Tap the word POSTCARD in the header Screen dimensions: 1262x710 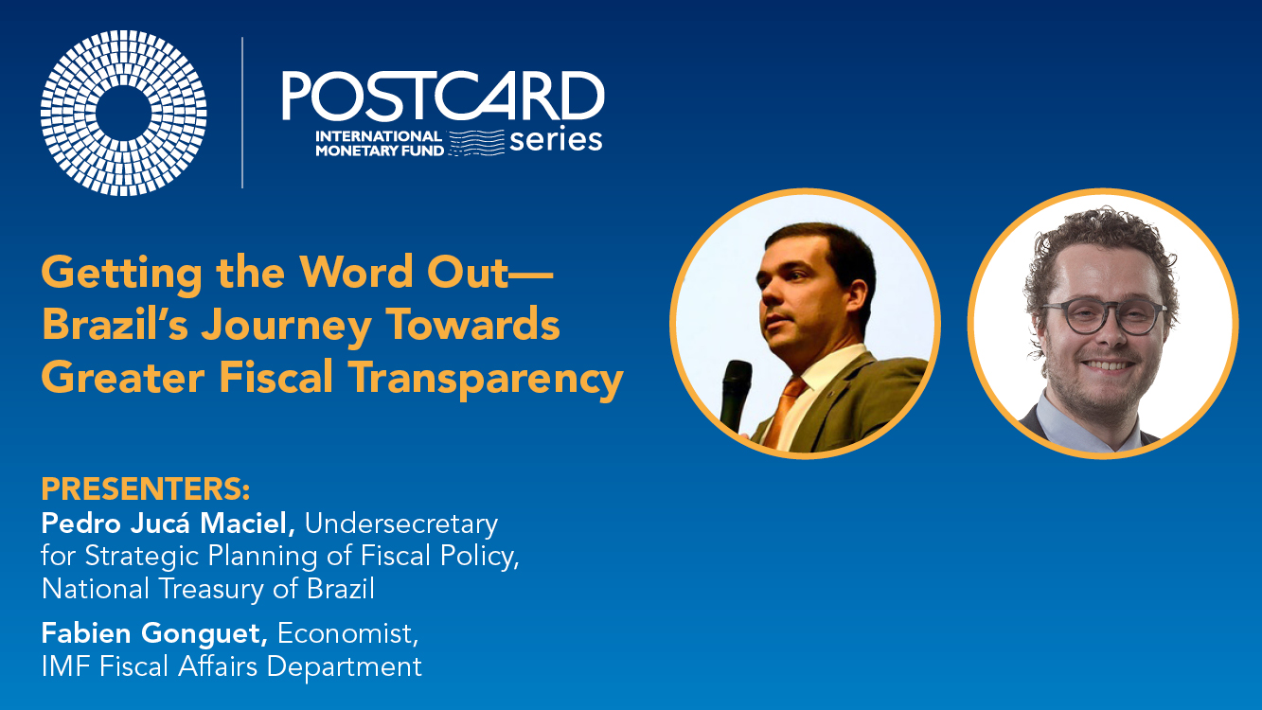pyautogui.click(x=443, y=96)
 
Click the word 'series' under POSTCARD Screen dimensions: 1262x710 pyautogui.click(x=556, y=140)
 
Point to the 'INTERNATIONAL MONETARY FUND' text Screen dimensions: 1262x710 pyautogui.click(x=380, y=143)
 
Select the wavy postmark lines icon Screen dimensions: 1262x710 pyautogui.click(x=476, y=142)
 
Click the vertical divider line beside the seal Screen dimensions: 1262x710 pyautogui.click(x=242, y=113)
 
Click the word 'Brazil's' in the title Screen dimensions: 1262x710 pyautogui.click(x=115, y=325)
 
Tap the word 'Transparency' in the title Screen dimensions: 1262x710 pyautogui.click(x=486, y=379)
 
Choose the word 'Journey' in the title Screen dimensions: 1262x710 pyautogui.click(x=286, y=327)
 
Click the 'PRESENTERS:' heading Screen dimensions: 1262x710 pyautogui.click(x=146, y=488)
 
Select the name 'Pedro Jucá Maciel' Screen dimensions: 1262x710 pyautogui.click(x=168, y=523)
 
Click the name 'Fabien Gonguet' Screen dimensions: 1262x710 pyautogui.click(x=154, y=633)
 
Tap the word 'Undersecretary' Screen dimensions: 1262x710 pyautogui.click(x=401, y=524)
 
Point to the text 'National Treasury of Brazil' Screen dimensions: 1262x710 pyautogui.click(x=208, y=589)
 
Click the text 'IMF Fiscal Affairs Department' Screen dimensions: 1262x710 pyautogui.click(x=232, y=666)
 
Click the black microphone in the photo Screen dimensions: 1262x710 pyautogui.click(x=736, y=395)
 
